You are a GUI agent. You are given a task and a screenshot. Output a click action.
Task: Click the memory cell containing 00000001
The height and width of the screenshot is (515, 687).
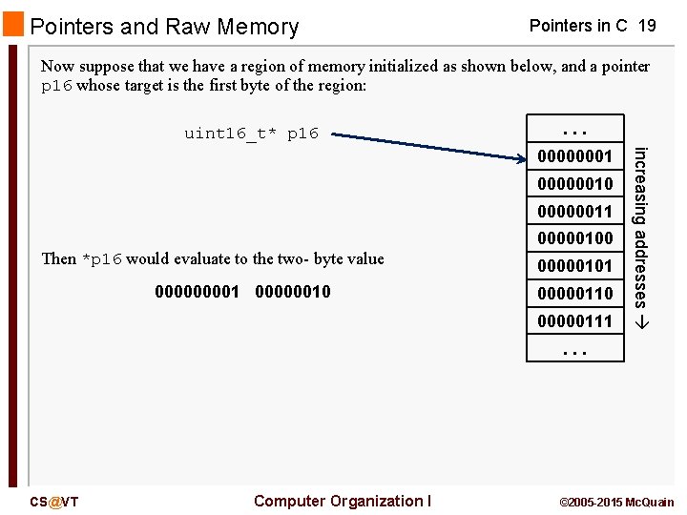point(574,155)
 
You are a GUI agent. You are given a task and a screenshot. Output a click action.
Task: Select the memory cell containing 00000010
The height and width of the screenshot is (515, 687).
point(574,183)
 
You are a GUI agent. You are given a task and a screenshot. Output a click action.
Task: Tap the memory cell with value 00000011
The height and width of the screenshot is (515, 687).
point(574,211)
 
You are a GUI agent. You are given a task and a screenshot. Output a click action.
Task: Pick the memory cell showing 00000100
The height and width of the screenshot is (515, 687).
point(574,238)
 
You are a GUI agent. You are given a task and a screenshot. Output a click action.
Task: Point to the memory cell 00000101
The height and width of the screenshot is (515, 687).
point(574,266)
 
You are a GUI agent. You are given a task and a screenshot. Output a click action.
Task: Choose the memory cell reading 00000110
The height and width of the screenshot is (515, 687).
point(574,294)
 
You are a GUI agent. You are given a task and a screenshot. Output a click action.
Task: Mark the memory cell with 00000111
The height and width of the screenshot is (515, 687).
point(574,321)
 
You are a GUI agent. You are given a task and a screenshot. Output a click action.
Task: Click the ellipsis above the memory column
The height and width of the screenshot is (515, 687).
point(574,129)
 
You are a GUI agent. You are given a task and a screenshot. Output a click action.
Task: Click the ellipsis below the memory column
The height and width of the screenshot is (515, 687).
point(574,350)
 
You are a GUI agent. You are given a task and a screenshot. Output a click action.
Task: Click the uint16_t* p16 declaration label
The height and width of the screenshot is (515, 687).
point(251,134)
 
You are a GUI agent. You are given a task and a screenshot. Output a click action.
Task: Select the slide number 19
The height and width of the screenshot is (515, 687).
point(646,26)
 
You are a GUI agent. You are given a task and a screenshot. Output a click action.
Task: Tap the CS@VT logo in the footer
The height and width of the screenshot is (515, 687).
point(54,502)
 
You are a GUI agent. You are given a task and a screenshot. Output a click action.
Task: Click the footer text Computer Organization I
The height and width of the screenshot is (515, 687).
point(343,501)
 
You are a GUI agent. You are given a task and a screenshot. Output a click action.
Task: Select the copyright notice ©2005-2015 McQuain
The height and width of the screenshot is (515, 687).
point(615,502)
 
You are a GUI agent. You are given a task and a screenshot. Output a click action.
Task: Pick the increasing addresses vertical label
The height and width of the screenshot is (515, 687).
point(642,237)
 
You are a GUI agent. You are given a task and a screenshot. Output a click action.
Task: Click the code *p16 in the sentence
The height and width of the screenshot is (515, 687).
point(101,259)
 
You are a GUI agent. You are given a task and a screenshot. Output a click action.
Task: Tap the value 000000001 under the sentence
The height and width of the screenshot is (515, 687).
point(197,292)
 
